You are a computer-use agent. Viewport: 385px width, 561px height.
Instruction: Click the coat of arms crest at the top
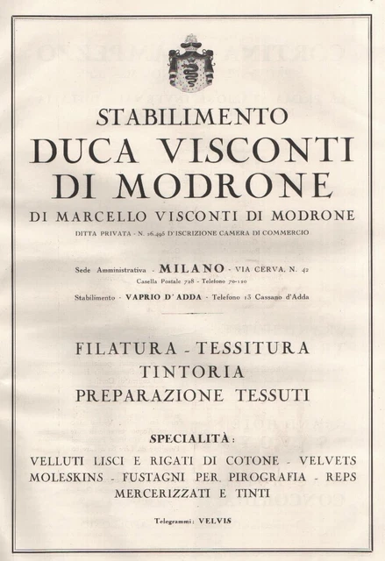pyautogui.click(x=192, y=62)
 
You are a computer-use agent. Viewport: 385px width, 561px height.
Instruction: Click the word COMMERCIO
pyautogui.click(x=286, y=233)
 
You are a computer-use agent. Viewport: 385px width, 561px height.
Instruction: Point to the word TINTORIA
pyautogui.click(x=192, y=372)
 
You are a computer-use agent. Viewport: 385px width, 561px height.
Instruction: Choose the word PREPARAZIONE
pyautogui.click(x=139, y=395)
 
